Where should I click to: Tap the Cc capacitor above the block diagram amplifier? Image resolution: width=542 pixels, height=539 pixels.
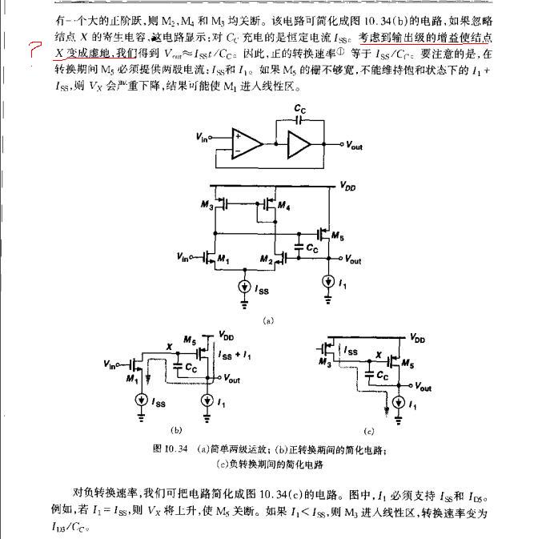(x=299, y=112)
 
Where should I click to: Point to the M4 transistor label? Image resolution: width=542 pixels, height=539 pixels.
(x=282, y=207)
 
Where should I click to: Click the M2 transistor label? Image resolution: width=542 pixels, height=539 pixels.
(x=266, y=260)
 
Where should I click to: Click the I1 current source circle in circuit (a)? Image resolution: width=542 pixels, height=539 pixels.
(x=329, y=282)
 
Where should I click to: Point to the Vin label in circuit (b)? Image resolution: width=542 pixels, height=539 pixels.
(x=111, y=364)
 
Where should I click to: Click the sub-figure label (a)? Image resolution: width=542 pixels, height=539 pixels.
(x=268, y=320)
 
